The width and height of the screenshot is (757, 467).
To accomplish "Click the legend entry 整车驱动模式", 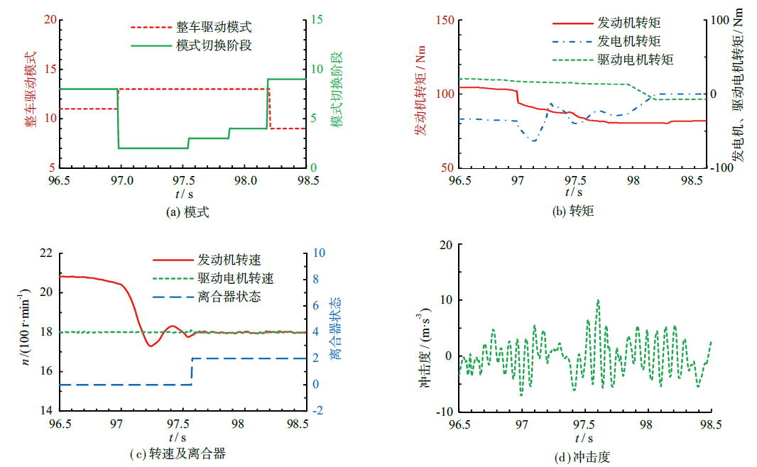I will tap(213, 28).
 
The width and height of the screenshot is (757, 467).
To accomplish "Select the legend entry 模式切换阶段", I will tap(213, 45).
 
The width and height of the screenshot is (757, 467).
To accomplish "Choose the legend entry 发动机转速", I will tap(235, 261).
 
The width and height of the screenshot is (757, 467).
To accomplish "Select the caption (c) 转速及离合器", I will tap(187, 454).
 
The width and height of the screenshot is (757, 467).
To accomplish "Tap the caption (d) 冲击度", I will tap(584, 457).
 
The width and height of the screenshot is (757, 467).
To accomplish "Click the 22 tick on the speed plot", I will tap(46, 253).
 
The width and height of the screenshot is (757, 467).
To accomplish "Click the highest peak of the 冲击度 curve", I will tap(598, 300).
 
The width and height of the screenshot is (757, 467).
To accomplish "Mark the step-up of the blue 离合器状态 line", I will tap(191, 371).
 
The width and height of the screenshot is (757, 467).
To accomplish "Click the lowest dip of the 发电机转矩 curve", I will tap(533, 141).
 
